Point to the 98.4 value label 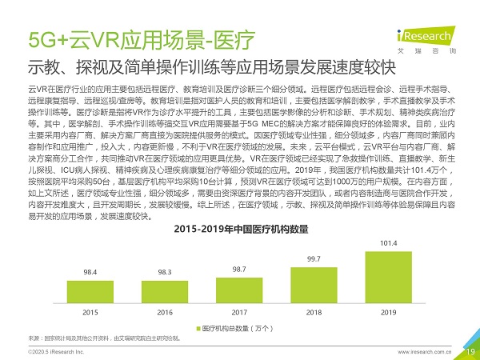click(x=90, y=273)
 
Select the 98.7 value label click(x=239, y=270)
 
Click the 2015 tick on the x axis click(x=90, y=311)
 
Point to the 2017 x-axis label click(x=239, y=311)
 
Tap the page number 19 click(x=470, y=350)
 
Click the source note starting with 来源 click(x=104, y=338)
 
